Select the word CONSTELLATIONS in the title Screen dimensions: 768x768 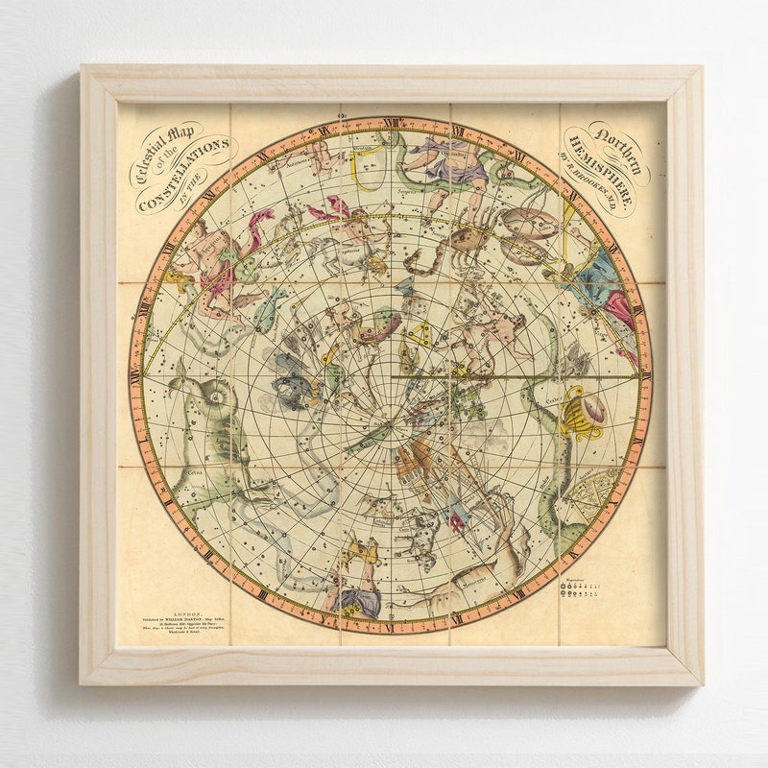pyautogui.click(x=185, y=173)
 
